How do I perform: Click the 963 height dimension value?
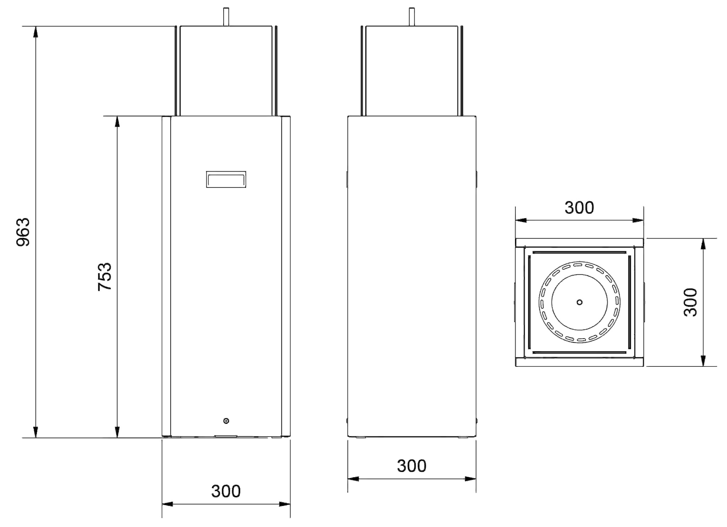click(24, 232)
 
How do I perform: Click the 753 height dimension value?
click(105, 276)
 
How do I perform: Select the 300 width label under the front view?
click(226, 491)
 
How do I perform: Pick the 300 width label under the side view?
click(412, 466)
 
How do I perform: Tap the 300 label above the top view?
click(579, 208)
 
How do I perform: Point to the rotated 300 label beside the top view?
click(690, 302)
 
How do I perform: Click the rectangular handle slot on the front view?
click(226, 179)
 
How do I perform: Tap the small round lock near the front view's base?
click(226, 421)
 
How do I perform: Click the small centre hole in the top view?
click(580, 302)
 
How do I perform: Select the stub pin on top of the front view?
click(226, 17)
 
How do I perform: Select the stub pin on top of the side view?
click(412, 17)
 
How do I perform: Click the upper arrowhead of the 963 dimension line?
click(35, 32)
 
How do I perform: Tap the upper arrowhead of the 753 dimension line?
click(117, 121)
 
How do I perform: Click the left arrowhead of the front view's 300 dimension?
click(167, 504)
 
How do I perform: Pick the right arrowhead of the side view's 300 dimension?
click(470, 479)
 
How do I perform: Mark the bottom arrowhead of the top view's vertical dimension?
click(703, 361)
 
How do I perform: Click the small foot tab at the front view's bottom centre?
click(226, 436)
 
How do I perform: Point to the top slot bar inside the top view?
click(579, 252)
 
